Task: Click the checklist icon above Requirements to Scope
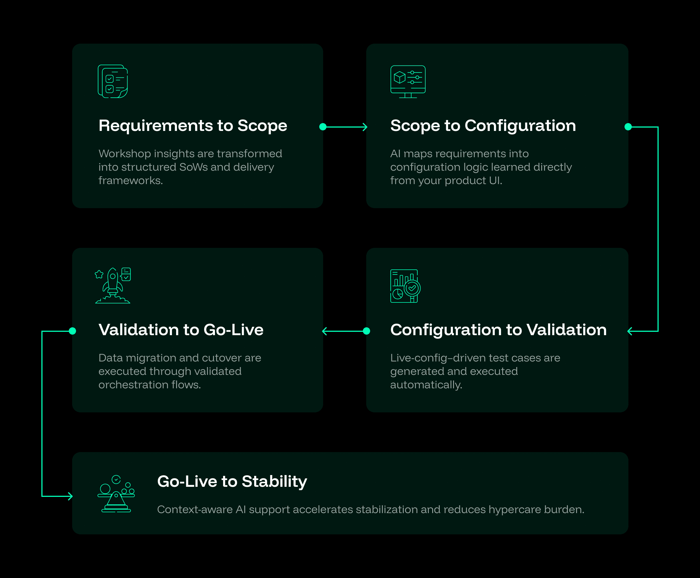(x=113, y=81)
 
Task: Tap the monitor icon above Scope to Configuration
(x=408, y=82)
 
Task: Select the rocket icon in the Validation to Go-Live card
(x=113, y=285)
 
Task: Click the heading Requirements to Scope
(x=193, y=126)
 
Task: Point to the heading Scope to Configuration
(x=483, y=126)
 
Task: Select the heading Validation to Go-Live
(x=181, y=330)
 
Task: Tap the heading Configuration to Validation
(x=498, y=330)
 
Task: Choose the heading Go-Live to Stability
(x=232, y=481)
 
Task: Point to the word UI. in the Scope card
(x=495, y=180)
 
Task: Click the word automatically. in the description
(x=426, y=385)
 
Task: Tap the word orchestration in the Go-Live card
(x=133, y=385)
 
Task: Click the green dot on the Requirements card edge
(x=323, y=127)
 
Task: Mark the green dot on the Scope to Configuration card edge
(x=628, y=127)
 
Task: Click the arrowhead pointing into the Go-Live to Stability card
(x=70, y=496)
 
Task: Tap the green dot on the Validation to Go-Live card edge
(x=72, y=331)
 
